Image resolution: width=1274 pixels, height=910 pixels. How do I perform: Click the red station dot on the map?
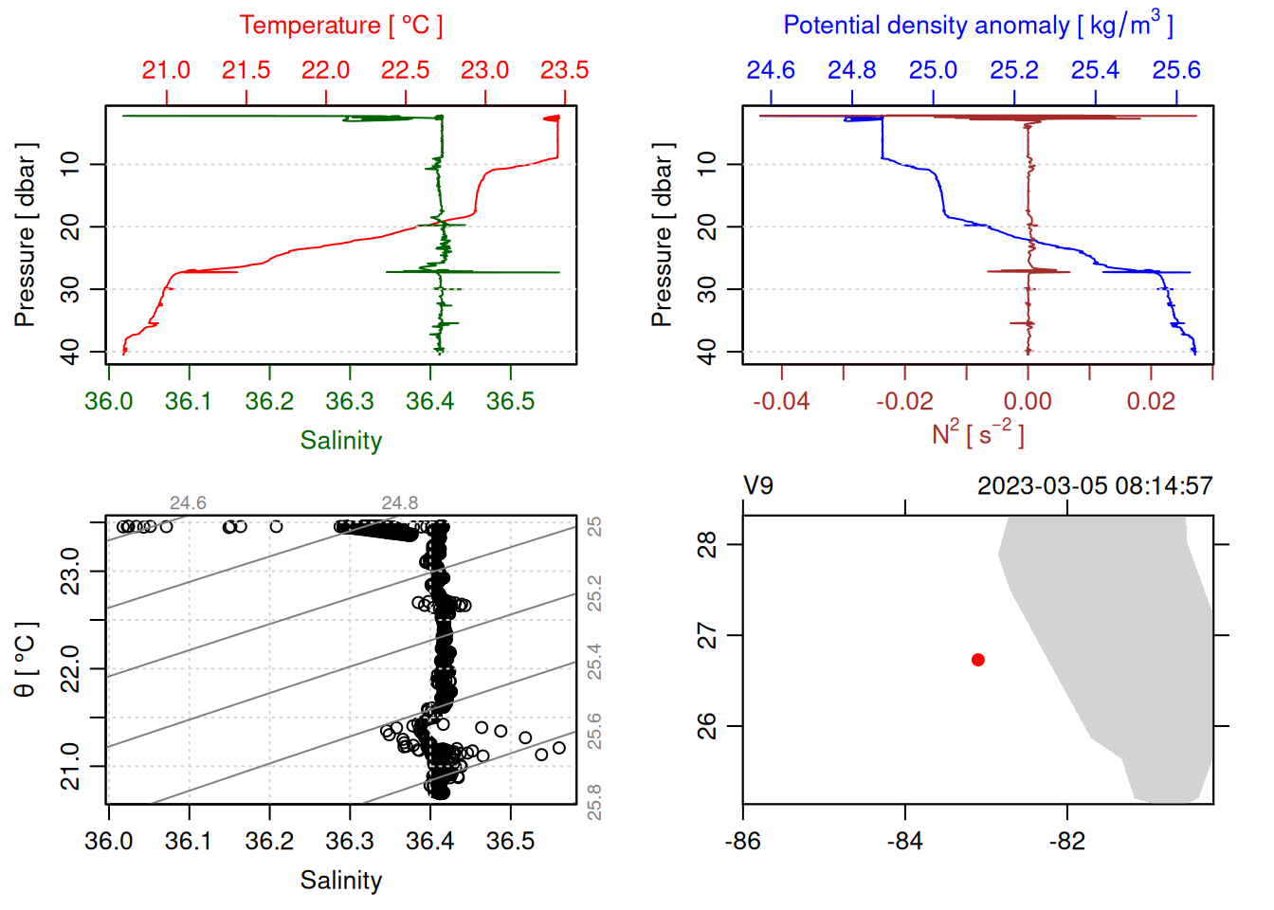point(977,660)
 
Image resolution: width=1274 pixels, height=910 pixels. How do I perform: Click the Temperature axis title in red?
point(340,26)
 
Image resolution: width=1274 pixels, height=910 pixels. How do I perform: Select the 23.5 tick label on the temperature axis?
point(564,70)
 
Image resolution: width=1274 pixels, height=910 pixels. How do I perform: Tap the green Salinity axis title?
point(340,441)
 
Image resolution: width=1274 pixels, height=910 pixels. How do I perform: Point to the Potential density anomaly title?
point(977,26)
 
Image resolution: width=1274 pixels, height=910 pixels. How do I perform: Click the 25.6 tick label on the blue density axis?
point(1176,70)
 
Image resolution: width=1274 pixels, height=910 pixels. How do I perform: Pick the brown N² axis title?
point(977,433)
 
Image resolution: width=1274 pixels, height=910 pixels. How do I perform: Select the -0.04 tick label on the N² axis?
point(781,401)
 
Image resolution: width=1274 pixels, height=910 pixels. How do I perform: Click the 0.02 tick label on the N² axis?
point(1151,401)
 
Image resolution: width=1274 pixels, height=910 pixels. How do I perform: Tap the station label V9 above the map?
point(758,486)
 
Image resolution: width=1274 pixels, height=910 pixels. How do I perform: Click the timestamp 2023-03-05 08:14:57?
point(1095,486)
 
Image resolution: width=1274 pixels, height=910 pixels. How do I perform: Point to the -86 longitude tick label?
point(742,841)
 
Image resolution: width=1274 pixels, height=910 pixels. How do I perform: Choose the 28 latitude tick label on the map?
point(707,545)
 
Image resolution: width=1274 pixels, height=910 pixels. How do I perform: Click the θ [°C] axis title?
point(26,660)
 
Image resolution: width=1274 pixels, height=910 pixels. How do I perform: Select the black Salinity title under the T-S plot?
point(340,881)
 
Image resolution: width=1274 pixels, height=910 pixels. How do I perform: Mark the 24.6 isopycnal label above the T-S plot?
point(188,503)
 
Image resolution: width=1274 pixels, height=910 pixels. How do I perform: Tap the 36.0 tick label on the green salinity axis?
point(108,401)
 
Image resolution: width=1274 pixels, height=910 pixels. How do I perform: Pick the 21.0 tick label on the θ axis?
point(70,766)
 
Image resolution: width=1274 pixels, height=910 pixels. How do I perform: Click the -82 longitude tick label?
point(1067,841)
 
